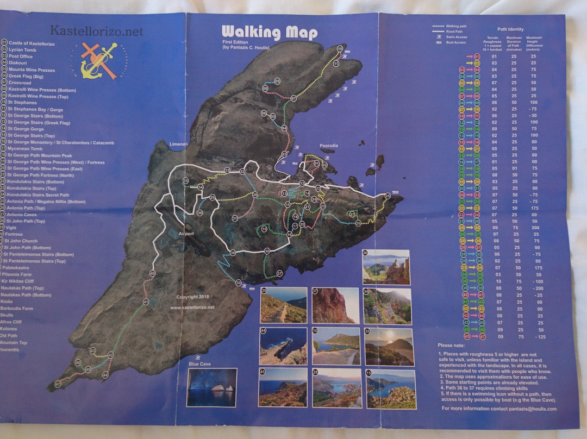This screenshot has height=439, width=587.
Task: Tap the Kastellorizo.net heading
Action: [x=97, y=31]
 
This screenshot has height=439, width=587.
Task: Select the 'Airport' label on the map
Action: [x=186, y=233]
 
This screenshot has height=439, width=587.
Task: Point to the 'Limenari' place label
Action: [x=178, y=144]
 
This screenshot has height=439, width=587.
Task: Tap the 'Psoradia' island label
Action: [x=328, y=146]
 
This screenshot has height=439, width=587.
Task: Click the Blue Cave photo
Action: [x=212, y=387]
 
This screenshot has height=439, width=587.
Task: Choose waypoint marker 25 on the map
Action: [x=388, y=196]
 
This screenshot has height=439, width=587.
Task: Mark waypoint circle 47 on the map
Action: [x=58, y=384]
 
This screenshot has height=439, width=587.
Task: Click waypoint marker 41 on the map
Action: [x=146, y=302]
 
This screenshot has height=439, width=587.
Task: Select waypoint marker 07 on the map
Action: [x=293, y=98]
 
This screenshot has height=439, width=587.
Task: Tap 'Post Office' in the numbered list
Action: [x=21, y=56]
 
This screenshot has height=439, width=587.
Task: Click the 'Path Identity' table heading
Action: [x=510, y=29]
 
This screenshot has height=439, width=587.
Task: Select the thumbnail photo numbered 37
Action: [x=335, y=305]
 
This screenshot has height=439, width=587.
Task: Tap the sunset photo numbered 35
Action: [x=389, y=347]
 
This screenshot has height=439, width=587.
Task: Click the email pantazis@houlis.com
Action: [x=536, y=409]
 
